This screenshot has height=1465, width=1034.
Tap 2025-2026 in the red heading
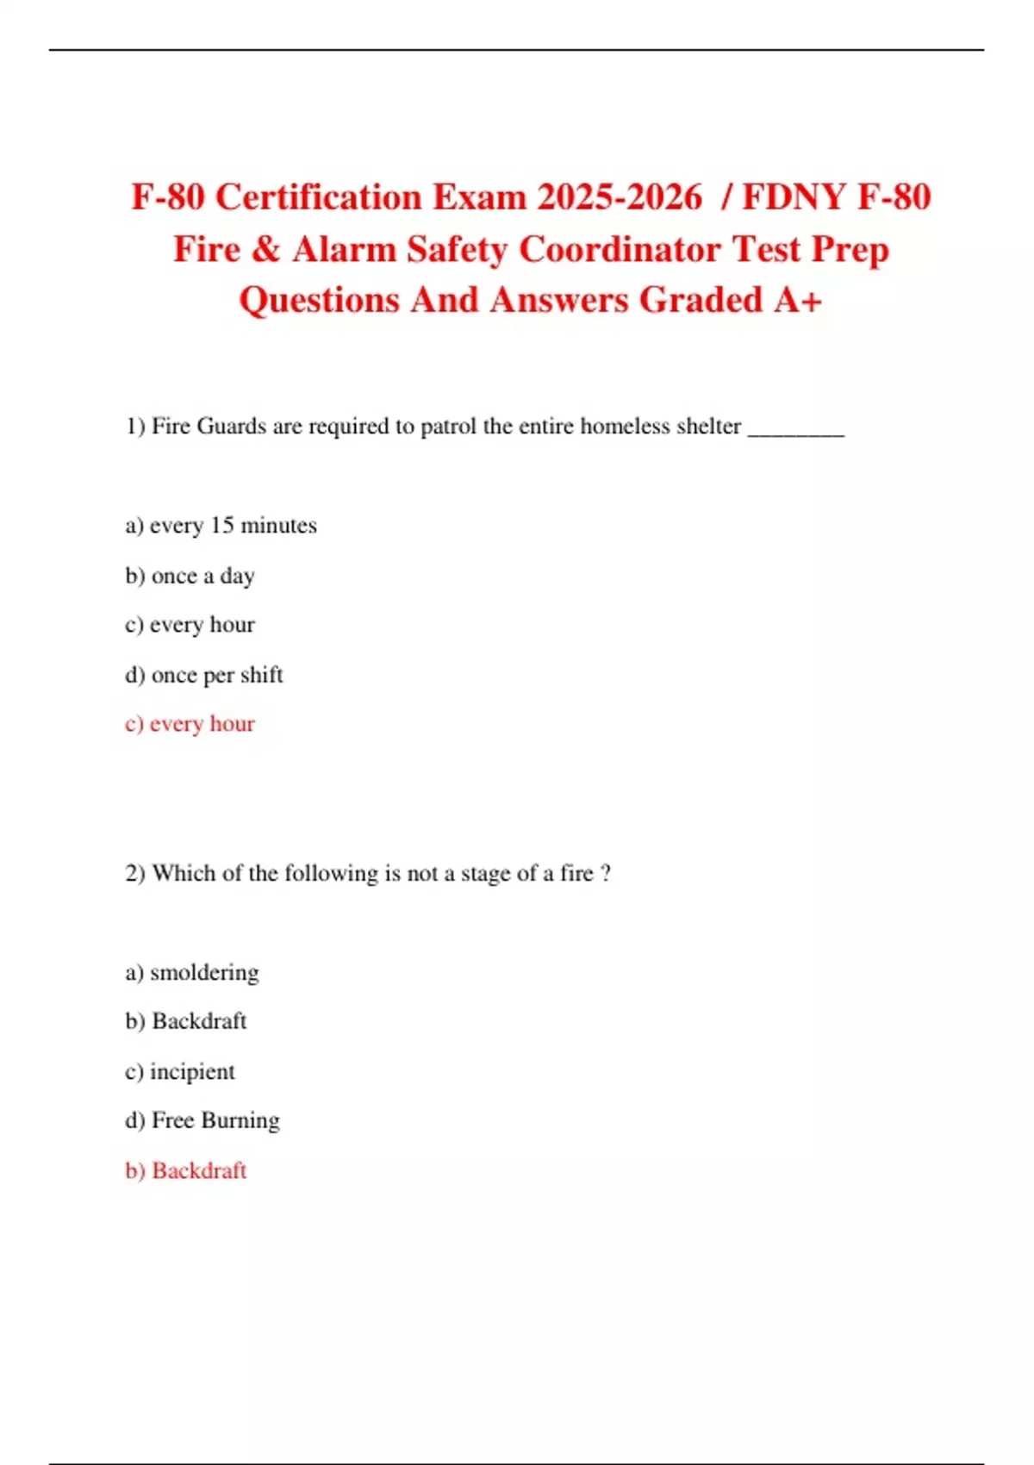[x=620, y=197]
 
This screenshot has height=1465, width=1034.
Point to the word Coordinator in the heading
[x=620, y=250]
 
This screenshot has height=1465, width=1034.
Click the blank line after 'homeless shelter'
[x=796, y=429]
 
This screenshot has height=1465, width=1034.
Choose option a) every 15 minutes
[x=221, y=526]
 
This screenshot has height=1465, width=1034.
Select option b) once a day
[x=190, y=576]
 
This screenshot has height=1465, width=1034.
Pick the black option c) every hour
[x=190, y=625]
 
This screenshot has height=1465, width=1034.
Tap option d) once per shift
[x=203, y=675]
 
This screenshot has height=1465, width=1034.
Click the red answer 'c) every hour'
[x=190, y=724]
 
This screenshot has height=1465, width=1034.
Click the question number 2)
[x=135, y=874]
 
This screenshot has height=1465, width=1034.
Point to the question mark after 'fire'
[x=606, y=874]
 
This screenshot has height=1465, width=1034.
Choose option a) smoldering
[x=191, y=973]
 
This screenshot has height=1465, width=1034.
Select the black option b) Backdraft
[x=186, y=1021]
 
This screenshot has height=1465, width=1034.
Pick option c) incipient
[x=179, y=1072]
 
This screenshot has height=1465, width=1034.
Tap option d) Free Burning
[x=202, y=1121]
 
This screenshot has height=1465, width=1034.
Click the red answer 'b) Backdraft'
[x=186, y=1171]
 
